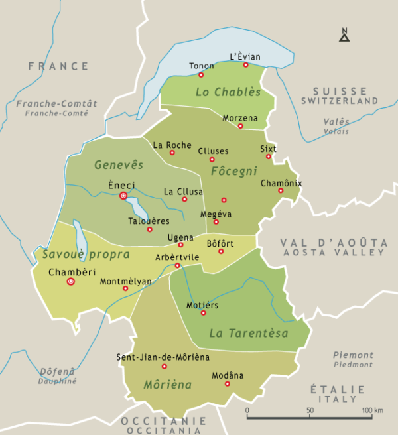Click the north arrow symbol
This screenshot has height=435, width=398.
344,35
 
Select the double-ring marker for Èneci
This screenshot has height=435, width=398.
123,196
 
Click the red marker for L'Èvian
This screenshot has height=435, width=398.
245,65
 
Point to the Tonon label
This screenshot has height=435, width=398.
202,66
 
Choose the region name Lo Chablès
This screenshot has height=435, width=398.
228,92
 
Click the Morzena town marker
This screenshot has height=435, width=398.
240,126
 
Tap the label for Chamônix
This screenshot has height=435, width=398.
281,182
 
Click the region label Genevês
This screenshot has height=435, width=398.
119,164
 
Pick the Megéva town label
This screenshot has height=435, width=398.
216,214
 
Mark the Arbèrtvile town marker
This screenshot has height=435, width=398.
177,266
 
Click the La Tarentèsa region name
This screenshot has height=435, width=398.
249,333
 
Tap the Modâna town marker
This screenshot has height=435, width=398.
227,384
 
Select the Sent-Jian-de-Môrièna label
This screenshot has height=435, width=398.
163,357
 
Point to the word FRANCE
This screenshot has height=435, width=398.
58,66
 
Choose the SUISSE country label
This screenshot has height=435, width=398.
340,91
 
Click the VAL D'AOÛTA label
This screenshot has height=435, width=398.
332,243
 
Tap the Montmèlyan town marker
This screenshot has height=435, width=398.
125,288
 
